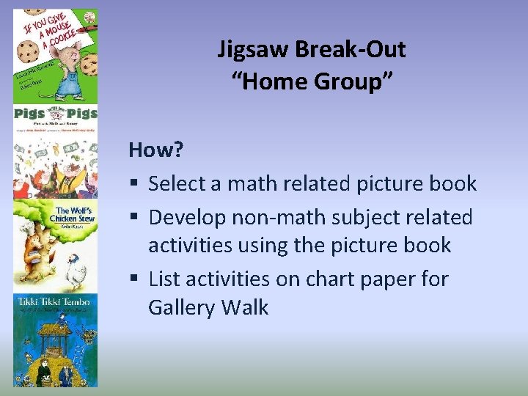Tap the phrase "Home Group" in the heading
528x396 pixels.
point(312,82)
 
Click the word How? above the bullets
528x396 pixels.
point(156,150)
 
